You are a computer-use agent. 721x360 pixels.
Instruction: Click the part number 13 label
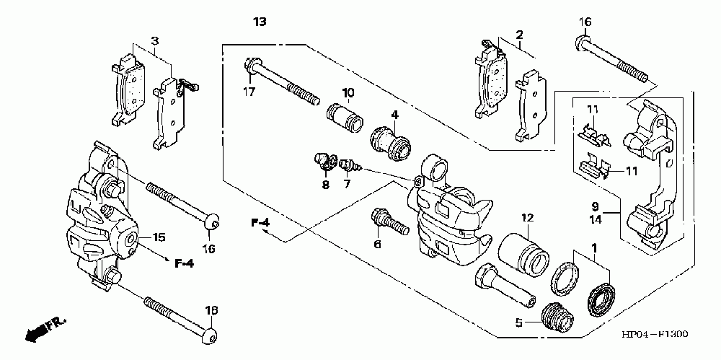coord(260,22)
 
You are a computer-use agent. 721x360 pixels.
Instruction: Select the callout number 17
coord(249,92)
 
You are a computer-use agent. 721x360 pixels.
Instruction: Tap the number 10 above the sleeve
coord(348,92)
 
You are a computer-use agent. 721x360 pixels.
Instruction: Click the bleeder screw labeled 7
coord(351,166)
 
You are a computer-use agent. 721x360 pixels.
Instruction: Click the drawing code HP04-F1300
coord(655,334)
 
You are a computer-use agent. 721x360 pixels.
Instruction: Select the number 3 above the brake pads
coord(155,41)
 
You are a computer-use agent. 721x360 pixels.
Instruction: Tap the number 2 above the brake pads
coord(519,35)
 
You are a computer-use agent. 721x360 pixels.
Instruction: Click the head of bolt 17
coord(252,65)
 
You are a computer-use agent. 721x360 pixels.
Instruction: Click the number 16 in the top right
coord(585,22)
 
